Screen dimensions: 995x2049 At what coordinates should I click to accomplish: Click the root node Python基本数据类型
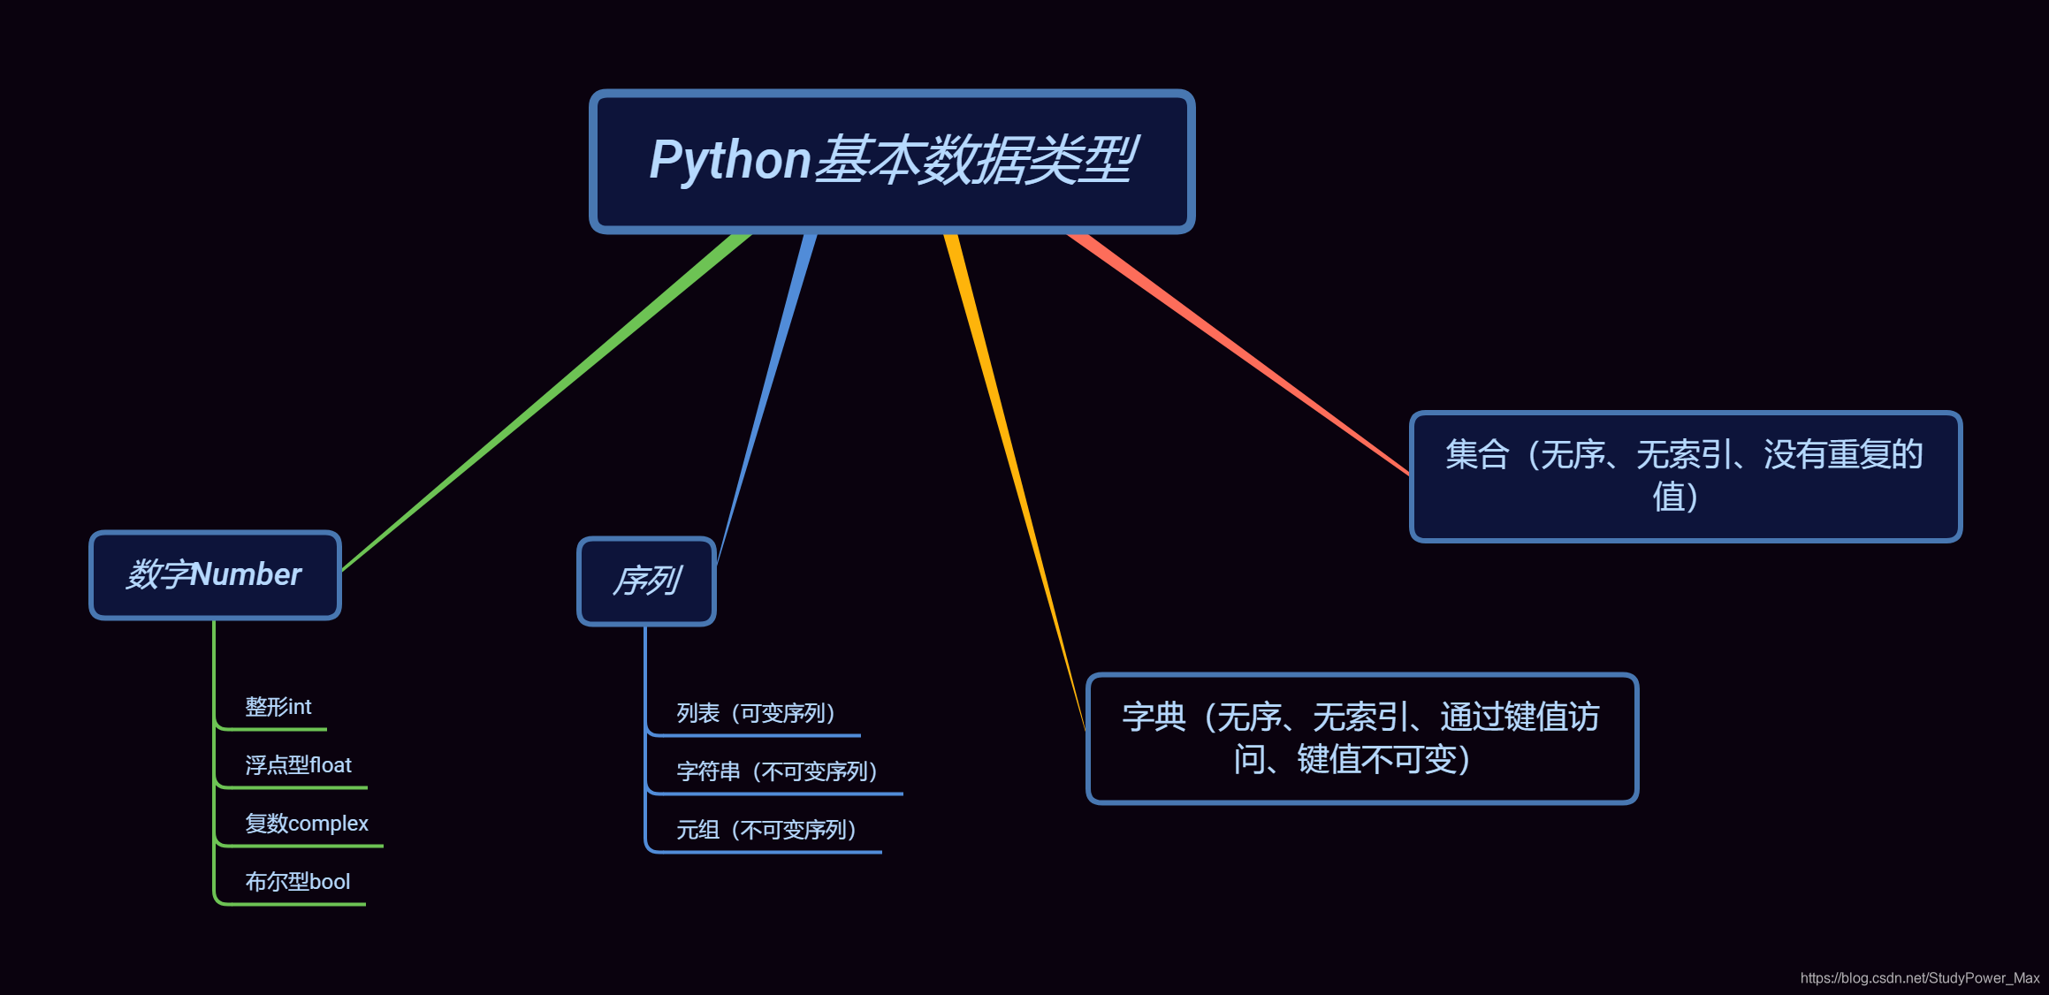[x=892, y=161]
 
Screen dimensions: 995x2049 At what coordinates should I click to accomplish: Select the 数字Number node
[x=215, y=575]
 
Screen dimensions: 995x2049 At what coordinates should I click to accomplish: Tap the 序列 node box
[x=646, y=581]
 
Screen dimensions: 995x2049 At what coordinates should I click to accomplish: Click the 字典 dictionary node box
[x=1361, y=739]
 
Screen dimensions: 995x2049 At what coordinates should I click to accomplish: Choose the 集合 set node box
[x=1685, y=476]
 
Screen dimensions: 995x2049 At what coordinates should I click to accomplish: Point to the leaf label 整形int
[x=278, y=707]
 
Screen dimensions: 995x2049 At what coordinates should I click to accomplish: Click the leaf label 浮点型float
[x=298, y=765]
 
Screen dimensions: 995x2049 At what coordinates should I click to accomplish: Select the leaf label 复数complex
[x=306, y=824]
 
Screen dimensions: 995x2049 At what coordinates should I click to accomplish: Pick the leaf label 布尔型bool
[x=297, y=882]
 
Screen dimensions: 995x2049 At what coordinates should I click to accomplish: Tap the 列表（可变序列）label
[x=756, y=713]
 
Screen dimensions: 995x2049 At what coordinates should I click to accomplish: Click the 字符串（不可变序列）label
[x=777, y=771]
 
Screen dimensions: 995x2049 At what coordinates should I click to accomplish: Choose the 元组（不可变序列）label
[x=766, y=830]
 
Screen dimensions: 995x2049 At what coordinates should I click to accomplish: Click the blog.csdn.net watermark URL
[x=1919, y=978]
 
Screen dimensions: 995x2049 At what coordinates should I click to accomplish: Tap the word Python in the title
[x=730, y=161]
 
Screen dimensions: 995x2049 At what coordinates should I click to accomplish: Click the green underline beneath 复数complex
[x=301, y=846]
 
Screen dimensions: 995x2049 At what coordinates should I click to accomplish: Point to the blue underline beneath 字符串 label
[x=778, y=794]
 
